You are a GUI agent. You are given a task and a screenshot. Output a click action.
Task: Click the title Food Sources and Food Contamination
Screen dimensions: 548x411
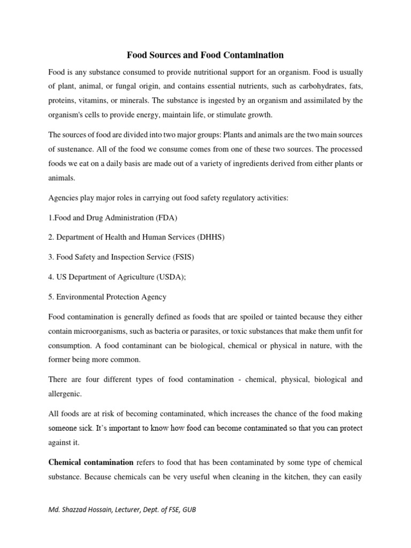click(x=205, y=55)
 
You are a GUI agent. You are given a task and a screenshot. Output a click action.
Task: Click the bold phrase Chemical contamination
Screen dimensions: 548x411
click(x=91, y=462)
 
